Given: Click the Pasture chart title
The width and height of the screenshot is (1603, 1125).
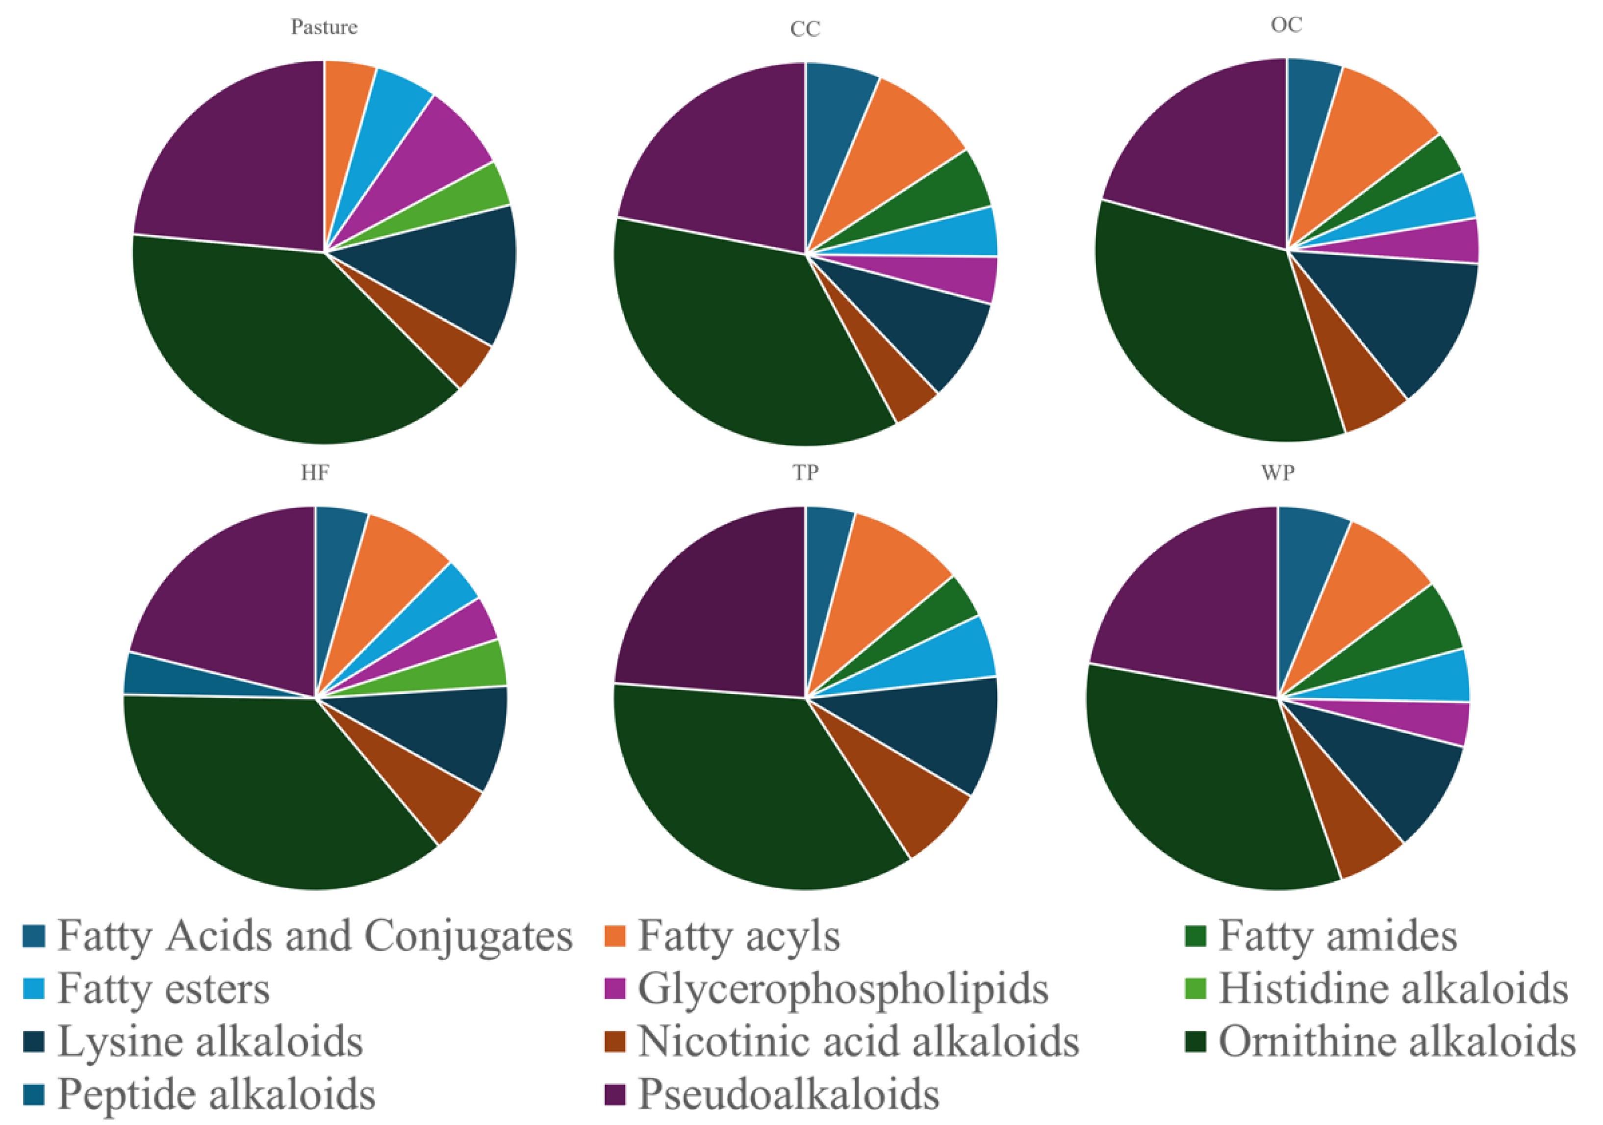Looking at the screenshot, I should [x=324, y=27].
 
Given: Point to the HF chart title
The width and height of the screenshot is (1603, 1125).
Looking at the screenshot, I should [x=315, y=473].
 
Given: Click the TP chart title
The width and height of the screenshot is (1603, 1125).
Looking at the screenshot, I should [x=805, y=473].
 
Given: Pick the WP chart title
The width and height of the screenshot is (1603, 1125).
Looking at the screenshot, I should [x=1278, y=473].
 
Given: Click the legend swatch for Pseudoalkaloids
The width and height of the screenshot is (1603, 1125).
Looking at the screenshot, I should [x=614, y=1094].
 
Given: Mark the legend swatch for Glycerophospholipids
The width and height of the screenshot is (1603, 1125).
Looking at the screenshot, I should [x=614, y=988].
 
